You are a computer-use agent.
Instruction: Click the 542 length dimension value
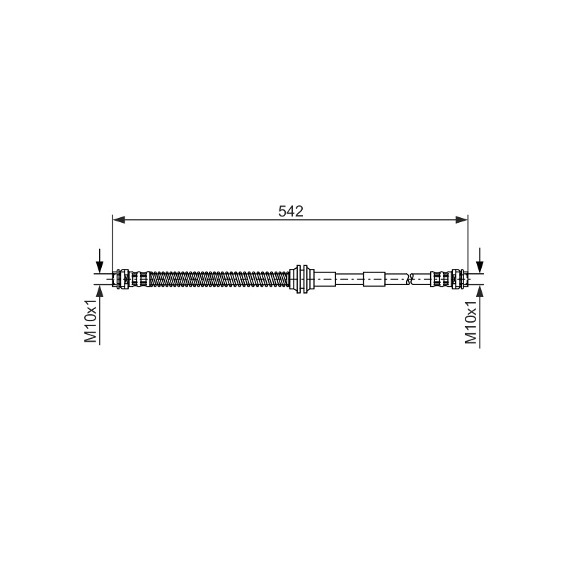(291, 212)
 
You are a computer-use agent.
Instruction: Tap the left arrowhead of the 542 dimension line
(119, 219)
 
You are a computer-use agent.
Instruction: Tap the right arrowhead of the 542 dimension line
(461, 219)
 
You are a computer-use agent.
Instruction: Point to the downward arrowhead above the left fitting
(100, 267)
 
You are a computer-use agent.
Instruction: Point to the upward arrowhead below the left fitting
(100, 291)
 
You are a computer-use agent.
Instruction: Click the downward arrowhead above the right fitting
(480, 267)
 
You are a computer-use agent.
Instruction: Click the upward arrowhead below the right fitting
(480, 291)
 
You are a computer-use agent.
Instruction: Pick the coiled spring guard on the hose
(219, 279)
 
